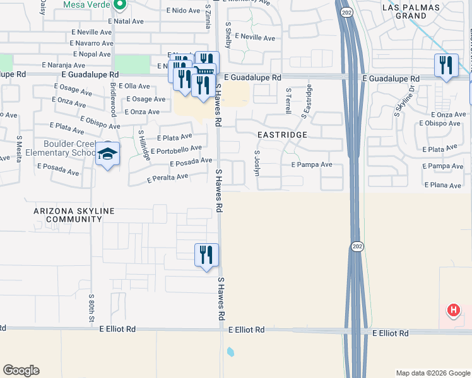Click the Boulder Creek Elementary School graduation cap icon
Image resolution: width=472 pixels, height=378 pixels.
pos(108,154)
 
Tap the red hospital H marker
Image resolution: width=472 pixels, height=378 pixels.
pos(453,310)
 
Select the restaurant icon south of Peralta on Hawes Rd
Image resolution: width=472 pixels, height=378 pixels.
pos(206,255)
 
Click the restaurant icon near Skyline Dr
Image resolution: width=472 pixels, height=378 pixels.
pos(445,65)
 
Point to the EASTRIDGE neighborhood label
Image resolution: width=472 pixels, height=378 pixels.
pos(282,135)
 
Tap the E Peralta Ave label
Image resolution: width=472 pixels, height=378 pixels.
pos(168,178)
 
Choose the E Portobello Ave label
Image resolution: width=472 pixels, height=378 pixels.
pos(176,149)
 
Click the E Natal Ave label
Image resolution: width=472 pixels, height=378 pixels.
pos(127,21)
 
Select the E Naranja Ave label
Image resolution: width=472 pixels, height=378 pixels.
pos(63,65)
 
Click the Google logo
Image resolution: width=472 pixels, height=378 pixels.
pos(21,370)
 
